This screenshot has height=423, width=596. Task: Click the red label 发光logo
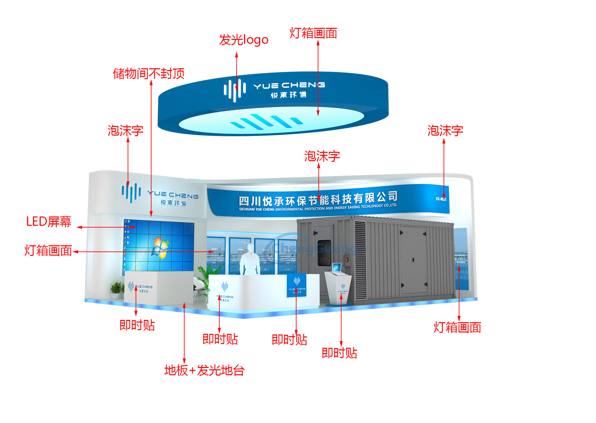tap(244, 40)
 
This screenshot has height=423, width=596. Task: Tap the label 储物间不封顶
tap(149, 74)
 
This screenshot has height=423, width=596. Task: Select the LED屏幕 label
tap(49, 222)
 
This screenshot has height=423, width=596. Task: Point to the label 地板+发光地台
tap(204, 370)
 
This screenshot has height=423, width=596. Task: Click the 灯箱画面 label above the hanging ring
tap(313, 33)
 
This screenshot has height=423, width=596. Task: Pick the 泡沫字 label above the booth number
tap(445, 131)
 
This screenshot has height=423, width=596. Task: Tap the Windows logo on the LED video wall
tap(160, 248)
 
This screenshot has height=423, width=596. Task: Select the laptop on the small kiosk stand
tap(337, 268)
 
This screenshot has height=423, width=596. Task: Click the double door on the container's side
tap(413, 260)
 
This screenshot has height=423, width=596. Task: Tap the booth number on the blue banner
tap(441, 199)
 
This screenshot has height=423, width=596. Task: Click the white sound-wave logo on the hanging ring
tap(235, 90)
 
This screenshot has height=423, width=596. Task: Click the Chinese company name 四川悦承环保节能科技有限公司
tap(318, 199)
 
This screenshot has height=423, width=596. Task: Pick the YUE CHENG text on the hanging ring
tap(289, 86)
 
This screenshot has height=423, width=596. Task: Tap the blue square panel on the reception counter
tap(296, 285)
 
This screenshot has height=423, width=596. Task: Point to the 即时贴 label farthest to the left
tap(137, 325)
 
